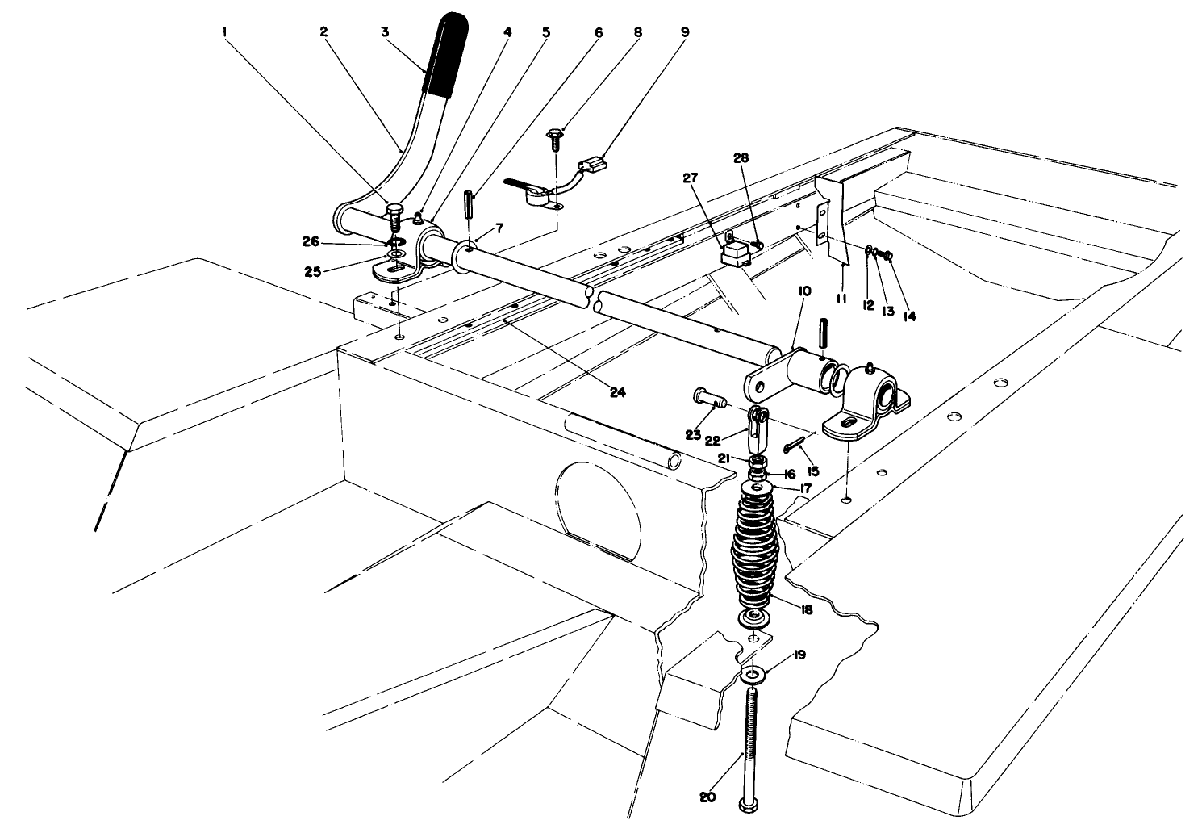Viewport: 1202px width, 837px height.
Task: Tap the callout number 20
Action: pos(707,797)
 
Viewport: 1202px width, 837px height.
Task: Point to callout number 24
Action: pos(617,393)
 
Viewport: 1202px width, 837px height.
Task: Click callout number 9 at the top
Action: pos(684,34)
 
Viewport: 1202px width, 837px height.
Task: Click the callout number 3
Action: pos(386,32)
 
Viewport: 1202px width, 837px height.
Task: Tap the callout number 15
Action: pos(812,469)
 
